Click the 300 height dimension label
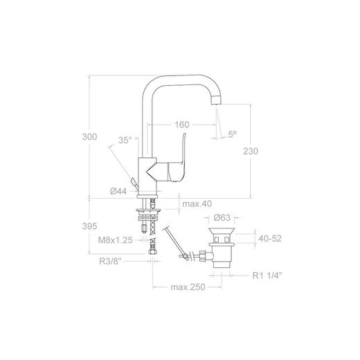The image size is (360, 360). click(89, 137)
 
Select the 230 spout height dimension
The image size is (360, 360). click(251, 151)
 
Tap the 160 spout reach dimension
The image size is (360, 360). click(182, 125)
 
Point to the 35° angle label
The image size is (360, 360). click(125, 140)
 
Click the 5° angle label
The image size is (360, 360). click(233, 134)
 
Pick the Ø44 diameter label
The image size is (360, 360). click(118, 191)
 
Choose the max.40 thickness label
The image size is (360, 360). click(197, 204)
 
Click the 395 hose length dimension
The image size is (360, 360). click(89, 226)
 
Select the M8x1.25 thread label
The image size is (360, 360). click(116, 240)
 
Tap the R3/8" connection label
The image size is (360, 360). click(110, 261)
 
